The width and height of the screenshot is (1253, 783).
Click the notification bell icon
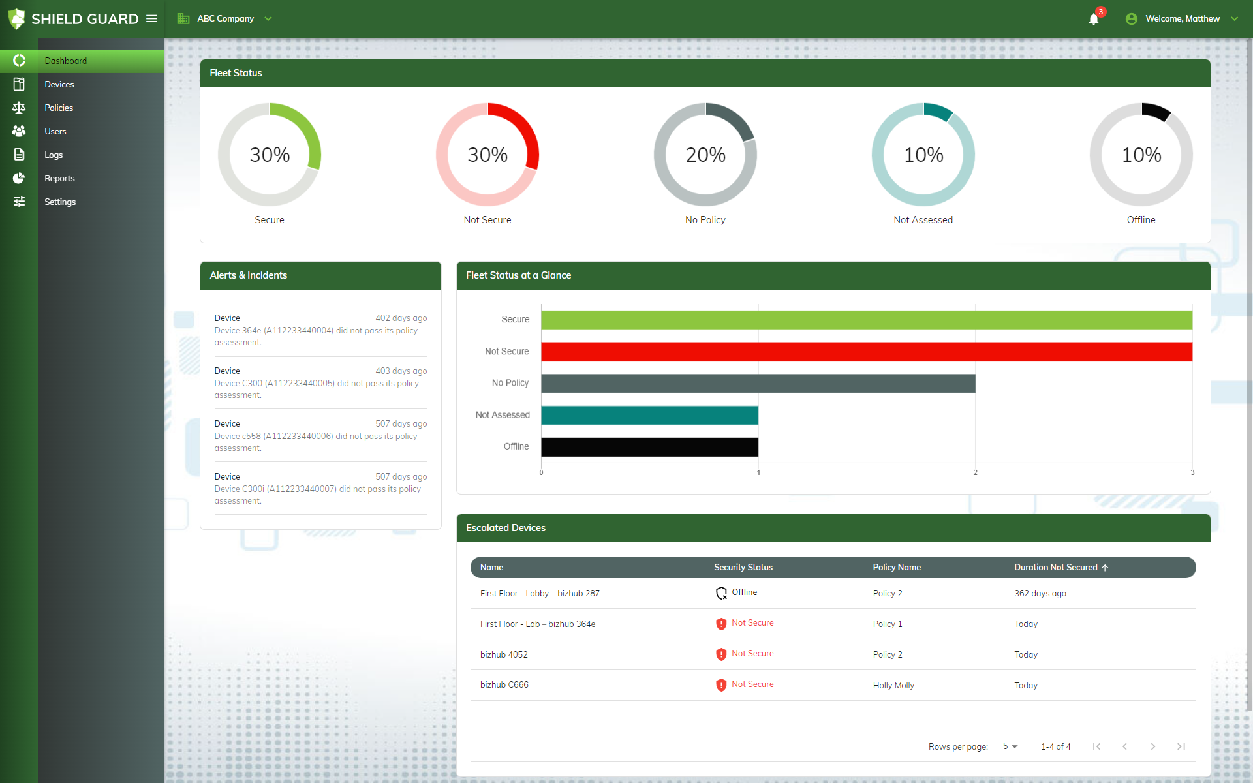[1094, 19]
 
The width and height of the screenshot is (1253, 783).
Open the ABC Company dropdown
[225, 19]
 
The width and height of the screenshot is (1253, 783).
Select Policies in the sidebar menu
[59, 108]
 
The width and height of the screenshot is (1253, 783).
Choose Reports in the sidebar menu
[59, 178]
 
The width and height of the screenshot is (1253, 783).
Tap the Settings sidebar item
[60, 202]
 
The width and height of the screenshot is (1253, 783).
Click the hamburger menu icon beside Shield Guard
[152, 19]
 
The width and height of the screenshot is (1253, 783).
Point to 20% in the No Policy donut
[705, 155]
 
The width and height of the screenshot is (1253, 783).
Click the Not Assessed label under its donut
[923, 220]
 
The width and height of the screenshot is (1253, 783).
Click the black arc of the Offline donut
[1156, 111]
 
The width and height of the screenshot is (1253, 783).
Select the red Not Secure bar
[866, 352]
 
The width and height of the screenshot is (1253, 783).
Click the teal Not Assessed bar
[649, 415]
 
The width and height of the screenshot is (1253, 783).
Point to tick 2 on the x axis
[975, 472]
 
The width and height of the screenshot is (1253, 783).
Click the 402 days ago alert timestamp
[401, 318]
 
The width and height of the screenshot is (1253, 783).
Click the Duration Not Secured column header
[1055, 567]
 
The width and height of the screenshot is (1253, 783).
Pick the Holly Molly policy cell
[893, 685]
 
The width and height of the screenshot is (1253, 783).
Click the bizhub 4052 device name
[504, 654]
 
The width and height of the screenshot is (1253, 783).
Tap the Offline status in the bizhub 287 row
[743, 592]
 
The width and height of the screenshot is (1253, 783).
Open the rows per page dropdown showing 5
[1010, 746]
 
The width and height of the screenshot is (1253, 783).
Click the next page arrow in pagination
[1152, 746]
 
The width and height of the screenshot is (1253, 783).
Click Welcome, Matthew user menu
[1182, 19]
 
